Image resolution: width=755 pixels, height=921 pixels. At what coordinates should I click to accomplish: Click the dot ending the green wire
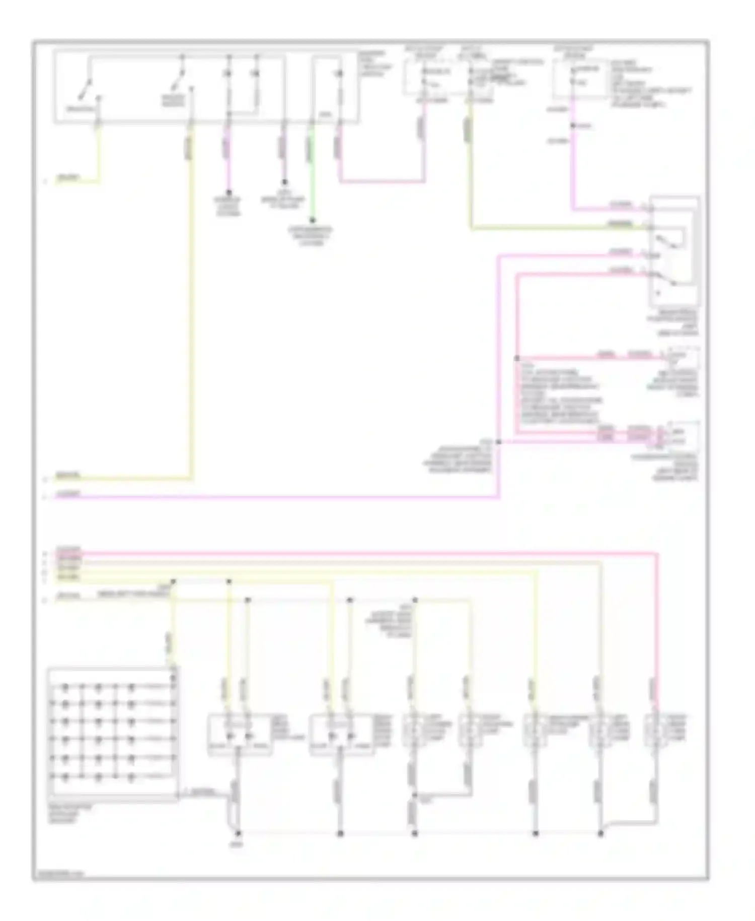[312, 220]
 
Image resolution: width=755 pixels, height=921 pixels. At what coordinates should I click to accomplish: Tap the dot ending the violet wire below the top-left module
[228, 192]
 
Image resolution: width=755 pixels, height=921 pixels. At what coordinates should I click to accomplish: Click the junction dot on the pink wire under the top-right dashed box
[572, 125]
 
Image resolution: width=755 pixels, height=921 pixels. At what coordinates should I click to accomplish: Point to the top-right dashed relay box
[581, 80]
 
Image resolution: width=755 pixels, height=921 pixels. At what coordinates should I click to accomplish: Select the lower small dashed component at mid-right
[682, 436]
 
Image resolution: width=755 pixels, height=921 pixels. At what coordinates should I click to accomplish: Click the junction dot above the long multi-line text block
[517, 358]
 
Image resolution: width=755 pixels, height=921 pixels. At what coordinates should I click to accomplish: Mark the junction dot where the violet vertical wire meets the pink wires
[498, 442]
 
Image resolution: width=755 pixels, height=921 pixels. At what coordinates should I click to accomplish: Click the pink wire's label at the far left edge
[68, 494]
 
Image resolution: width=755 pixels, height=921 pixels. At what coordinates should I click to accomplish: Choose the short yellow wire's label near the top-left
[68, 178]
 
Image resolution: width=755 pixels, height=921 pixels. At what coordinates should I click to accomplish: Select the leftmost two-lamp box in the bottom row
[240, 735]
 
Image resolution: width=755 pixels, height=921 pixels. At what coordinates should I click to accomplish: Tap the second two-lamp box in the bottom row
[341, 735]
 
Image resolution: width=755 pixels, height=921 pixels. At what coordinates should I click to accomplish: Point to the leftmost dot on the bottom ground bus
[239, 833]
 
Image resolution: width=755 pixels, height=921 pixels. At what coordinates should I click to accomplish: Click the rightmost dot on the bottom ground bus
[600, 833]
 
